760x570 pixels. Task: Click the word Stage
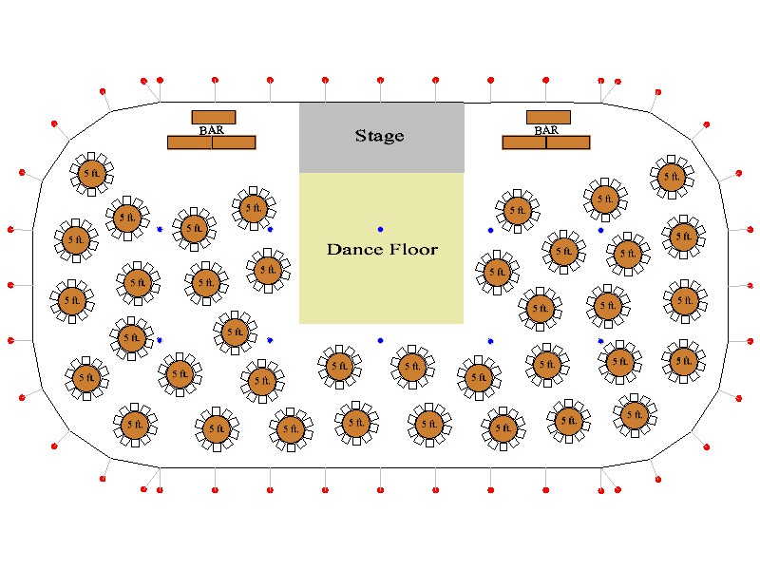click(379, 136)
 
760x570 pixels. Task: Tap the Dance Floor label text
click(382, 250)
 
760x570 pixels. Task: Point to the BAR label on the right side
click(546, 130)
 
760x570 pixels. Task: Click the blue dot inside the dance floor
click(380, 230)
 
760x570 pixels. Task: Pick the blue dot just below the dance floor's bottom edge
click(380, 340)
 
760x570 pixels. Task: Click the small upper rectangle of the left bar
click(214, 117)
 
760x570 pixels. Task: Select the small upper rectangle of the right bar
click(548, 117)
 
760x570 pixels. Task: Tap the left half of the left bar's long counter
click(189, 142)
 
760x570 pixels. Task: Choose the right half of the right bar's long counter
click(568, 142)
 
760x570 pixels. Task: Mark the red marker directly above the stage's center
click(380, 80)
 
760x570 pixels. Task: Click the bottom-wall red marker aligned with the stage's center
click(380, 490)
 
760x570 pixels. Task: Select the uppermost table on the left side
click(91, 173)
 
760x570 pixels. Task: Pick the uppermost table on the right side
click(672, 176)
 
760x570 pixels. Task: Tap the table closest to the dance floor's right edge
click(496, 273)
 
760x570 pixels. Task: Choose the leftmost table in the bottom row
click(135, 424)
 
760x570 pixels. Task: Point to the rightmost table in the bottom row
click(634, 413)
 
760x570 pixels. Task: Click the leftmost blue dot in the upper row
click(160, 230)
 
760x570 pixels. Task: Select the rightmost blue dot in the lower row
click(600, 340)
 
